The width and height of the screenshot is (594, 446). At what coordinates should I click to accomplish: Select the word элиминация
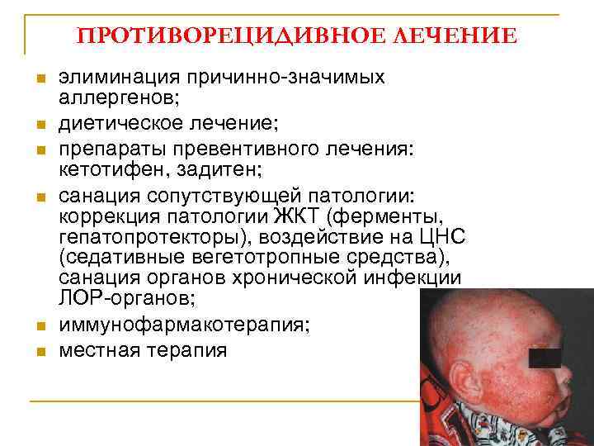[x=121, y=78]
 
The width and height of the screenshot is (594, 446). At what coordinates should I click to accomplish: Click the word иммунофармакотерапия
[x=181, y=324]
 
